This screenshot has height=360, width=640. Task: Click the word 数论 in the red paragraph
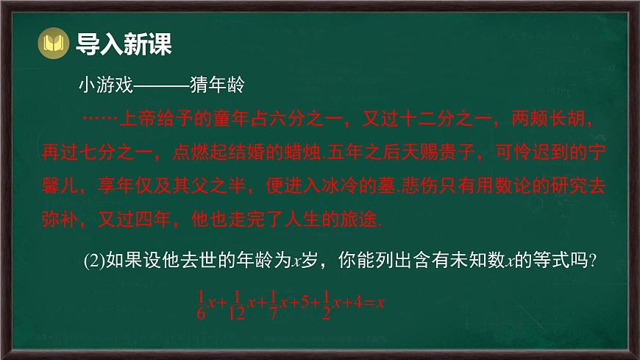[468, 186]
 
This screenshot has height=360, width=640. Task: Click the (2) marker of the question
[93, 259]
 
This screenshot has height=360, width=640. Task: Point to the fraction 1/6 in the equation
[200, 303]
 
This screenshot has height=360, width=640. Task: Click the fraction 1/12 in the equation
[234, 303]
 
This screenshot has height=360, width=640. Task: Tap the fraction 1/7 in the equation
[274, 303]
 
